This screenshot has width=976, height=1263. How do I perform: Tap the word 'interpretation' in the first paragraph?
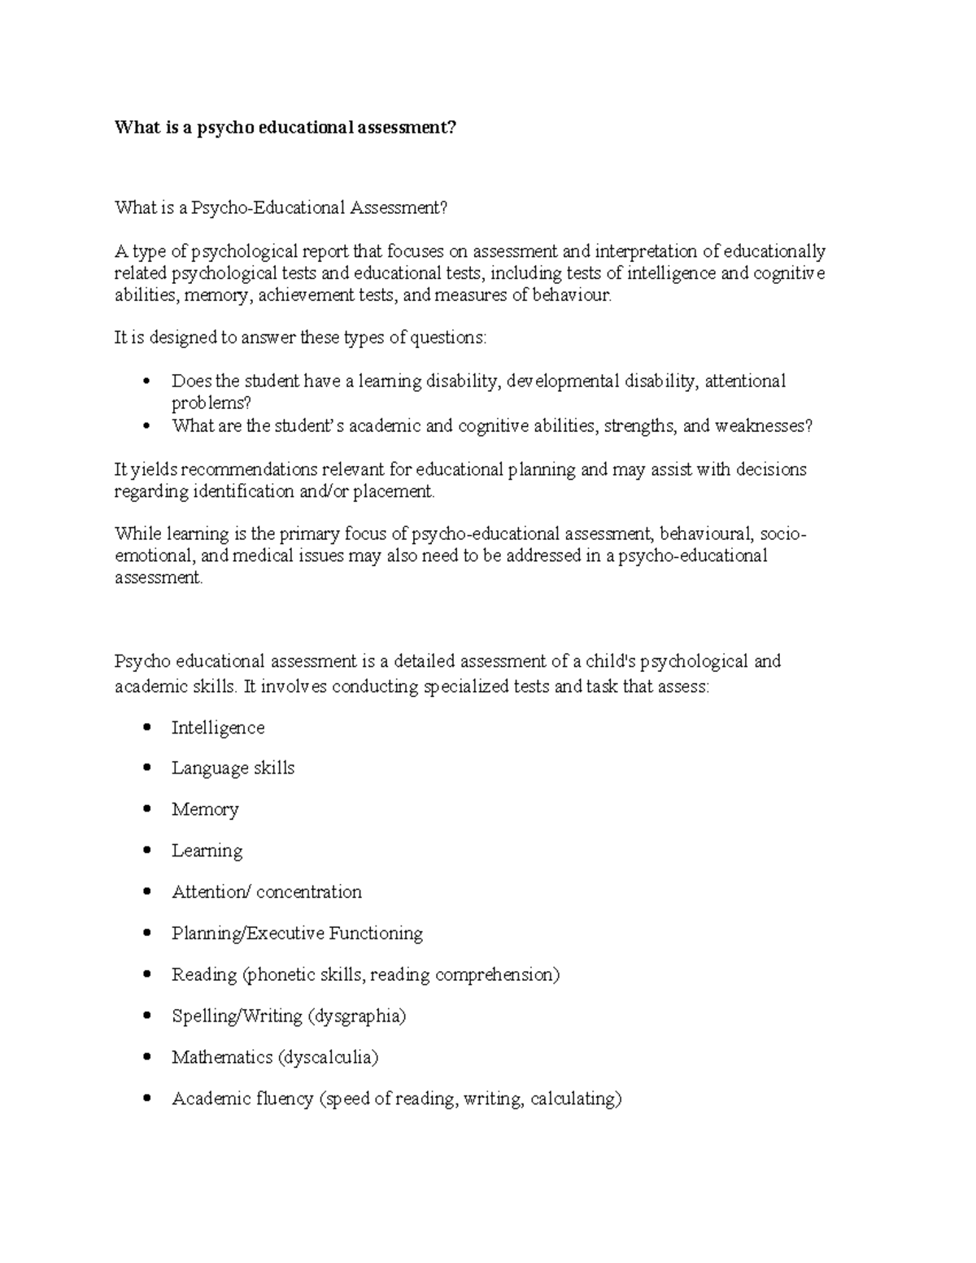[x=646, y=251]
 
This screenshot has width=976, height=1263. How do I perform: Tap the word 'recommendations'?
[x=250, y=469]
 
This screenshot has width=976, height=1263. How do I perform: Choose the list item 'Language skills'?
[x=233, y=768]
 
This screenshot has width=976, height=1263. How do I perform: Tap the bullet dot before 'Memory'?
[x=146, y=809]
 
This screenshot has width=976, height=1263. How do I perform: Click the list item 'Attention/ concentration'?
[x=266, y=892]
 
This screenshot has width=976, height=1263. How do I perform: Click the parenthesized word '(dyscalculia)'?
[x=328, y=1057]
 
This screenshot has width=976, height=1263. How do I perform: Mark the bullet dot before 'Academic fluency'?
[x=146, y=1099]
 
